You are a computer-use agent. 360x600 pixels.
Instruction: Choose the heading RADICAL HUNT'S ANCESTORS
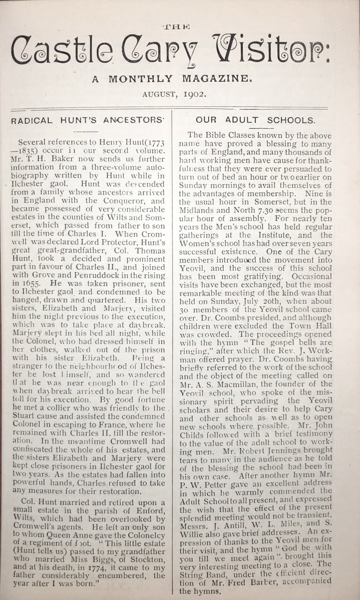click(87, 120)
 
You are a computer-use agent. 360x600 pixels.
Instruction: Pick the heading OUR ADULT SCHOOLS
click(255, 120)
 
